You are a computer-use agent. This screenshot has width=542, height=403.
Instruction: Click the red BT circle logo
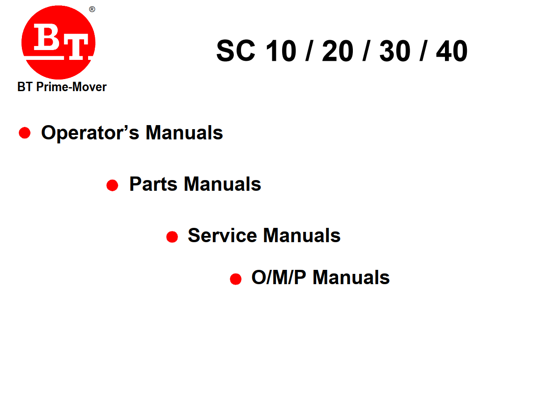[x=58, y=42]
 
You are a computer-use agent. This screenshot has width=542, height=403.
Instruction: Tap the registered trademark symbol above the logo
[x=92, y=9]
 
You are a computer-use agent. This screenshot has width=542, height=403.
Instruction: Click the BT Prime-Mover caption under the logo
[x=62, y=87]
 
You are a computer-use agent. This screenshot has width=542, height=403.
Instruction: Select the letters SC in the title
[x=236, y=50]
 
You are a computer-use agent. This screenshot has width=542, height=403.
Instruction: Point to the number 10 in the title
[x=281, y=50]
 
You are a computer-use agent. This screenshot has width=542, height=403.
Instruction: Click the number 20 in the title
[x=338, y=50]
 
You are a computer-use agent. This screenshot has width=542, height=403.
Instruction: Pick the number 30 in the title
[x=395, y=50]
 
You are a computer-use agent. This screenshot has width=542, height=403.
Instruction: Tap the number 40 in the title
[x=452, y=50]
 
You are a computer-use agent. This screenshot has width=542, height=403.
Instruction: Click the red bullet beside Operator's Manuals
[x=25, y=133]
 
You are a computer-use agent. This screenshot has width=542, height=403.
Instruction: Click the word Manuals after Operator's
[x=184, y=133]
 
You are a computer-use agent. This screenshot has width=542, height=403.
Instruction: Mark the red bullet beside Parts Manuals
[x=112, y=185]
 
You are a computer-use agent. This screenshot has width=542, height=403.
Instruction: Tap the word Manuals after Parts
[x=222, y=184]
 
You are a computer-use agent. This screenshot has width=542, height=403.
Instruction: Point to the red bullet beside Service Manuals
[x=172, y=237]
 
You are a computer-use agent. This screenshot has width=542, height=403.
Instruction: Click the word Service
[x=222, y=235]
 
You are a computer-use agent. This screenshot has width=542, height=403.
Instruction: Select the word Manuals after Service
[x=302, y=235]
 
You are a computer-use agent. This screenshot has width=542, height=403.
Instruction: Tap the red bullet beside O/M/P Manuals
[x=236, y=279]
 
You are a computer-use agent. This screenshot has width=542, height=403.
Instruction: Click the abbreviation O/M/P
[x=279, y=277]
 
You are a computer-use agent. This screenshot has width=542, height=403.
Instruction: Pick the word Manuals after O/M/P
[x=351, y=277]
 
